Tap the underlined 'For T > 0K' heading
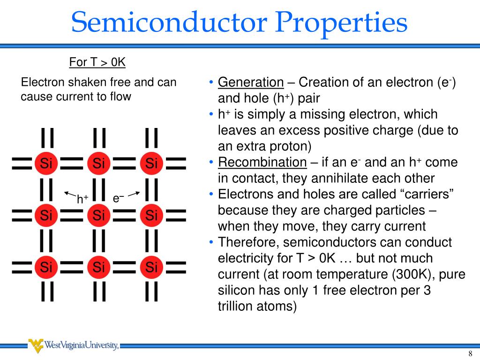click(97, 62)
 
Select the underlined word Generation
click(251, 83)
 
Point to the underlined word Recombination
click(262, 163)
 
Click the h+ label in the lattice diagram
click(83, 199)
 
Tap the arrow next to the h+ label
click(70, 194)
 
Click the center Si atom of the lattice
click(98, 216)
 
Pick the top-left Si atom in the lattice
click(46, 164)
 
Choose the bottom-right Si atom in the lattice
click(151, 267)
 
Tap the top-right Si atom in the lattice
click(151, 164)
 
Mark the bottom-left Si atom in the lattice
click(46, 267)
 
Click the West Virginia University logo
click(73, 346)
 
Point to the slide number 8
click(470, 353)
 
